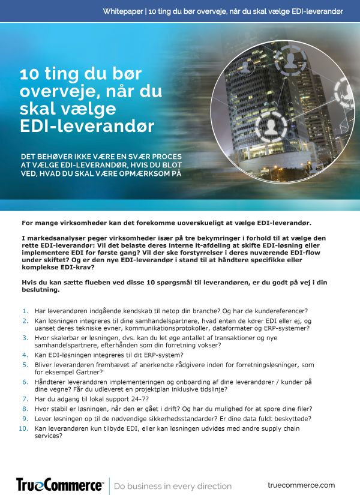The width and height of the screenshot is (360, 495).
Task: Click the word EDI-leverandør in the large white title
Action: click(87, 127)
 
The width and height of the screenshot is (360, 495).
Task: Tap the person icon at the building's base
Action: click(266, 127)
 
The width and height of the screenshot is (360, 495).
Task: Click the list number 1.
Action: click(25, 311)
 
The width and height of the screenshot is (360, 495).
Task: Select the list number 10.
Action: click(23, 428)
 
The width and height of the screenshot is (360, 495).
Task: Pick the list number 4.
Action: click(25, 355)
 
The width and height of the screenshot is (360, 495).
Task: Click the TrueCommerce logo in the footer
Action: click(59, 484)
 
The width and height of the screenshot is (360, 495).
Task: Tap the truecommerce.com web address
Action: click(301, 485)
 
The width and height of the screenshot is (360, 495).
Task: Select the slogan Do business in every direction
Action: click(173, 485)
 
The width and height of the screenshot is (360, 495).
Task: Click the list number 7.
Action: click(25, 399)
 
